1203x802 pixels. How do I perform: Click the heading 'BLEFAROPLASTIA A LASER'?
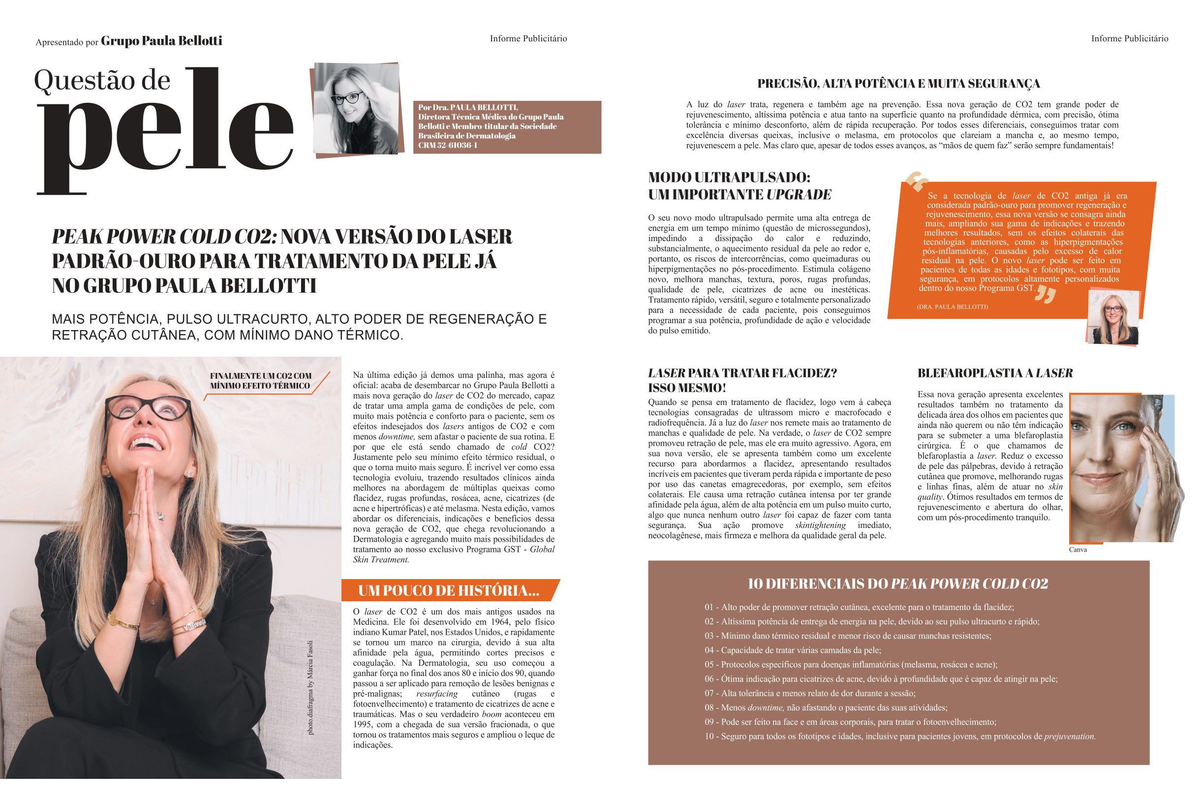click(995, 373)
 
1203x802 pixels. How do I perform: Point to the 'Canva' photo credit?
click(1078, 550)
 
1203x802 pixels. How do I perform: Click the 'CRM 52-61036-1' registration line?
click(448, 145)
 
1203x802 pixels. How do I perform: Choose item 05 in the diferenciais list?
click(851, 665)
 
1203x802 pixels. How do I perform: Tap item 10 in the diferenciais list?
click(900, 737)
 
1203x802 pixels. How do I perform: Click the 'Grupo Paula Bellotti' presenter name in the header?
click(161, 41)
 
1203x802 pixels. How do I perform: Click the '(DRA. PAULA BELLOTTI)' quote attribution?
click(953, 307)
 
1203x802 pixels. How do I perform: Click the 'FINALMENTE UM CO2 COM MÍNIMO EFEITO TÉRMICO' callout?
click(260, 380)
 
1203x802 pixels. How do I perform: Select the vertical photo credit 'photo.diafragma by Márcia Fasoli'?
click(310, 687)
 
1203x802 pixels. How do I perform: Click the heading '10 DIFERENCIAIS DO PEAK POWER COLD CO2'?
click(897, 584)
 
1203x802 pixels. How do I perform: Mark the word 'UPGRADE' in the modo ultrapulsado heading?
click(799, 194)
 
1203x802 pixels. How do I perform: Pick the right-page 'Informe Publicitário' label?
click(1129, 38)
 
